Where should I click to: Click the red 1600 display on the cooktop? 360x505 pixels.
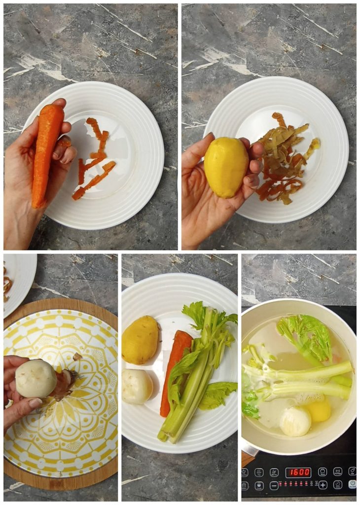click(298, 472)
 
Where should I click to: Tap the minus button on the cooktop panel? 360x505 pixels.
click(274, 485)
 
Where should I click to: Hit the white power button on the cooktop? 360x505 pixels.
click(352, 484)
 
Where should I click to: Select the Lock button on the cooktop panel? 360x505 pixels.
click(259, 485)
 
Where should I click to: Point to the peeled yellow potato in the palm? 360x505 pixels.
click(226, 167)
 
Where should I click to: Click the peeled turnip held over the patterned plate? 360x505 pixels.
click(36, 378)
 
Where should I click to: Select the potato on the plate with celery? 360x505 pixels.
click(140, 340)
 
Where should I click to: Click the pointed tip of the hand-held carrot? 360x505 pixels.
click(35, 206)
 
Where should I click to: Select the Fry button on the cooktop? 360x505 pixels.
click(259, 472)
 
